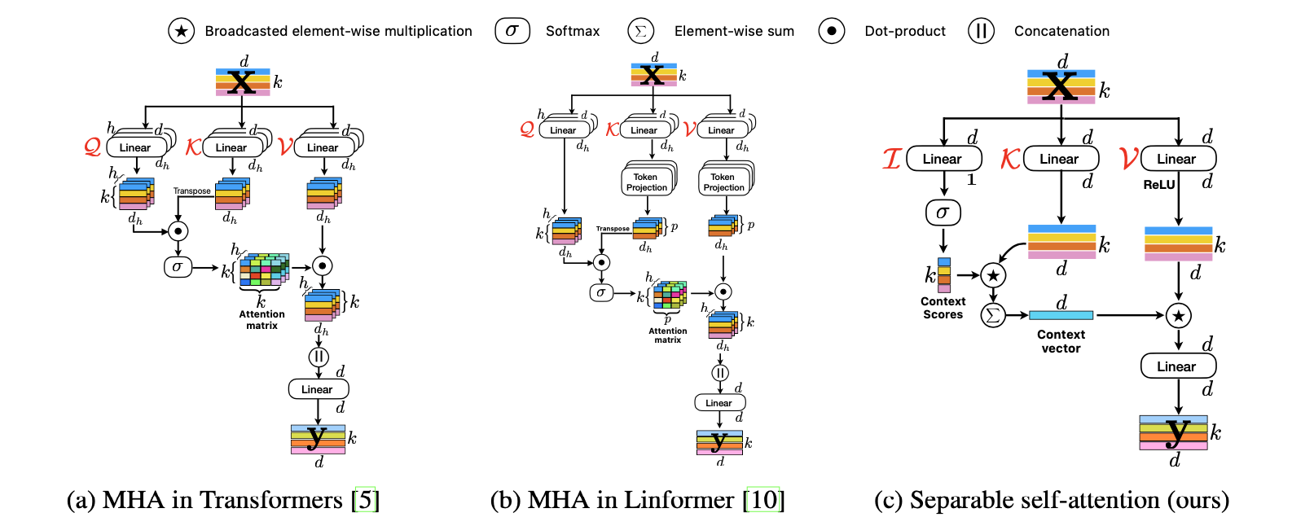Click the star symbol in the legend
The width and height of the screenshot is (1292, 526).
tap(181, 31)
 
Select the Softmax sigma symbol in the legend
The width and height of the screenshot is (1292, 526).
tap(512, 31)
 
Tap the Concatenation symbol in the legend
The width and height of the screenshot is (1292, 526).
tap(981, 31)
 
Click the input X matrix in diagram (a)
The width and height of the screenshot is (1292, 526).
tap(242, 82)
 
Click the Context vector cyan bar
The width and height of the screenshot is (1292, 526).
tap(1061, 315)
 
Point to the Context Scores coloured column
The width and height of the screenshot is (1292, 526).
tap(943, 275)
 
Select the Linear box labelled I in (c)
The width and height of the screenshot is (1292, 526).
tap(943, 159)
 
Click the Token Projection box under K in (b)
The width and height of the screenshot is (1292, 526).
tap(647, 182)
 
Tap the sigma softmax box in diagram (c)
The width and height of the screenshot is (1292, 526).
tap(943, 213)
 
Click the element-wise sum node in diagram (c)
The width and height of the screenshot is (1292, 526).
tap(992, 315)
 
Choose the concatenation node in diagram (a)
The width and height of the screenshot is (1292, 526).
tap(319, 357)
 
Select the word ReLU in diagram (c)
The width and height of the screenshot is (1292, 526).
tap(1158, 185)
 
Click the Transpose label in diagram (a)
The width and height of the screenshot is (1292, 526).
tap(192, 191)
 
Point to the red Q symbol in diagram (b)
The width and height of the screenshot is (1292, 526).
tap(527, 129)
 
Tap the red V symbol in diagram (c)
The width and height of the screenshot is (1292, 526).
tap(1128, 158)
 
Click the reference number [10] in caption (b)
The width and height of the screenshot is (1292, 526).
tap(764, 499)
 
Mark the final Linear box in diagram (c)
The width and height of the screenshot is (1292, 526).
tap(1177, 366)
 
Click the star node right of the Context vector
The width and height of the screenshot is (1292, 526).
tap(1178, 315)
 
